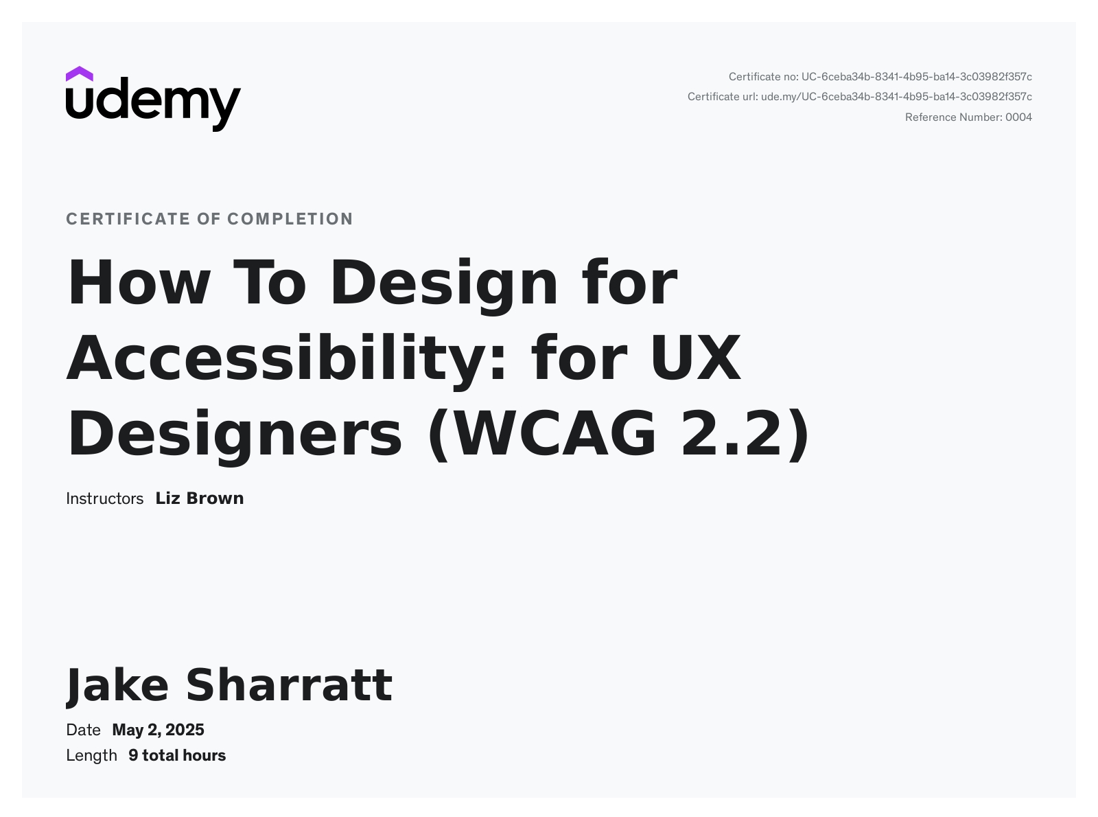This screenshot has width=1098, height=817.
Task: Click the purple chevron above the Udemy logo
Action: tap(80, 73)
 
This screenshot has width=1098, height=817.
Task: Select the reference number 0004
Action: tap(1018, 117)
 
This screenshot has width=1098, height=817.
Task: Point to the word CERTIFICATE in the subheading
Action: tap(128, 219)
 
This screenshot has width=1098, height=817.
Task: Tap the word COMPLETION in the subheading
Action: tap(290, 219)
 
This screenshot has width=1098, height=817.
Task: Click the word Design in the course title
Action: tap(444, 283)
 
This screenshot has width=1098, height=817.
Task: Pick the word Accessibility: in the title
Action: tap(287, 358)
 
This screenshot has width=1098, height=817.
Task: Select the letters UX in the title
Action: tap(695, 358)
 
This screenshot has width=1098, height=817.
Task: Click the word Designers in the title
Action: tap(234, 434)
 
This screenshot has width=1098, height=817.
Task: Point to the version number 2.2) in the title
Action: tap(745, 434)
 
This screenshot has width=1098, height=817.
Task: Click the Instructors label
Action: tap(104, 498)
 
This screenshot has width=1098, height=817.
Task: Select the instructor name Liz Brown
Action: tap(200, 498)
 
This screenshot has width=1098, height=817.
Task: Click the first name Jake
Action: tap(117, 685)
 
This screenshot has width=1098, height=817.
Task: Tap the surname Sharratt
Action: tap(289, 685)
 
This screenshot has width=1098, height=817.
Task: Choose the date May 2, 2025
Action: tap(158, 730)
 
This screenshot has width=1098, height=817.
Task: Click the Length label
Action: tap(91, 755)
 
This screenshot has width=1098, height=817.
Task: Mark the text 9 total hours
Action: tap(177, 755)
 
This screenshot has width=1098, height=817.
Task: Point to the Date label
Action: tap(83, 730)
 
